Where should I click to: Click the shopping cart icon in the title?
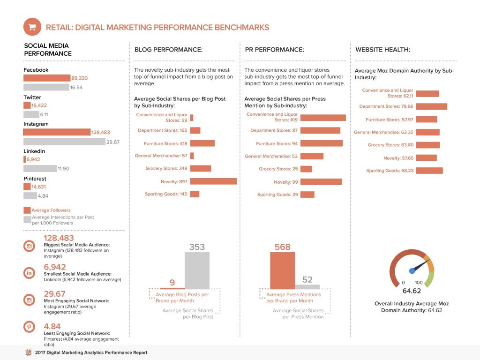[32, 27]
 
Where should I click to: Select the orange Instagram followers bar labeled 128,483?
[57, 132]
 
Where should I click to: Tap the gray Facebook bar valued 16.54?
[46, 87]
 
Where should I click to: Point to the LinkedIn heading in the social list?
[34, 151]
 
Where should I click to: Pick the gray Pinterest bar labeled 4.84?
[30, 196]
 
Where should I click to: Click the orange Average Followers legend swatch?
[27, 210]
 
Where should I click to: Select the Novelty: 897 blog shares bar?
[213, 181]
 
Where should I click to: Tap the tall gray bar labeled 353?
[197, 270]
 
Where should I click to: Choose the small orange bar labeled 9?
[172, 288]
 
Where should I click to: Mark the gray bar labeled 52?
[307, 286]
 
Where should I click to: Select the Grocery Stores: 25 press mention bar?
[306, 169]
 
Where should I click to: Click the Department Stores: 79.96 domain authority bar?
[431, 106]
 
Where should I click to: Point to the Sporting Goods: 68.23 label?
[390, 171]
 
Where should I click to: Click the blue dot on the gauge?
[412, 270]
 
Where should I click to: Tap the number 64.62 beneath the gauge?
[412, 291]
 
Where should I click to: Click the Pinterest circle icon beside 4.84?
[29, 327]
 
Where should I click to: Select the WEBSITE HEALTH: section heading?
[382, 50]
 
